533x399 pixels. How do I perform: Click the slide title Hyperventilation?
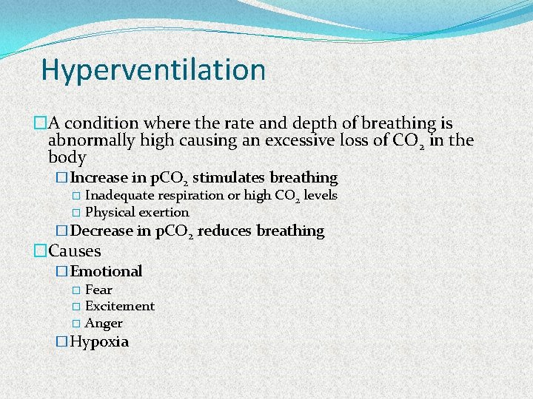click(x=153, y=70)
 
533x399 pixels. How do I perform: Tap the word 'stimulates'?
click(x=228, y=178)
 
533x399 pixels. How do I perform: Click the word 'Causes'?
click(x=74, y=250)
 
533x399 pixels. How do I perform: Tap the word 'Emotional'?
click(x=106, y=272)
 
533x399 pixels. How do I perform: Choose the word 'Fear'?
click(x=98, y=290)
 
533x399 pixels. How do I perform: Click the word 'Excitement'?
click(x=120, y=306)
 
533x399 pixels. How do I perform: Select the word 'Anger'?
click(x=104, y=323)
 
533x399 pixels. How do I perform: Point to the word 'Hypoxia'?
click(x=99, y=342)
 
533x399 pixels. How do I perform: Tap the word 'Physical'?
click(x=110, y=213)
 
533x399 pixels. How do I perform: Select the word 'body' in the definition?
click(x=67, y=158)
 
